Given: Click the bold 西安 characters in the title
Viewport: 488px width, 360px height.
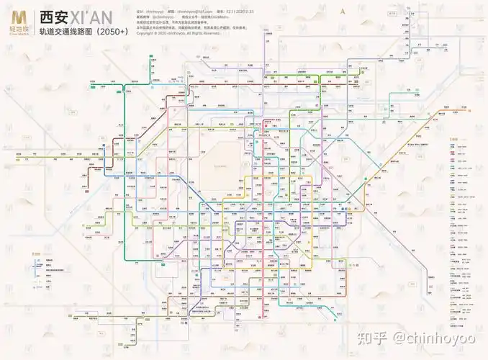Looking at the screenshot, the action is pyautogui.click(x=56, y=17).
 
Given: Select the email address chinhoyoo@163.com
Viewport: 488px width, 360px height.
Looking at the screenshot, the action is pyautogui.click(x=196, y=12).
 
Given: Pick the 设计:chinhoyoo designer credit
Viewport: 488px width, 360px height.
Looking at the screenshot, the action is pyautogui.click(x=150, y=12).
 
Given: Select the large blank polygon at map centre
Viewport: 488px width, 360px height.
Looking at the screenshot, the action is pyautogui.click(x=215, y=169).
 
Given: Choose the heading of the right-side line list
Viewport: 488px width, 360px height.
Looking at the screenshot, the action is pyautogui.click(x=454, y=139).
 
